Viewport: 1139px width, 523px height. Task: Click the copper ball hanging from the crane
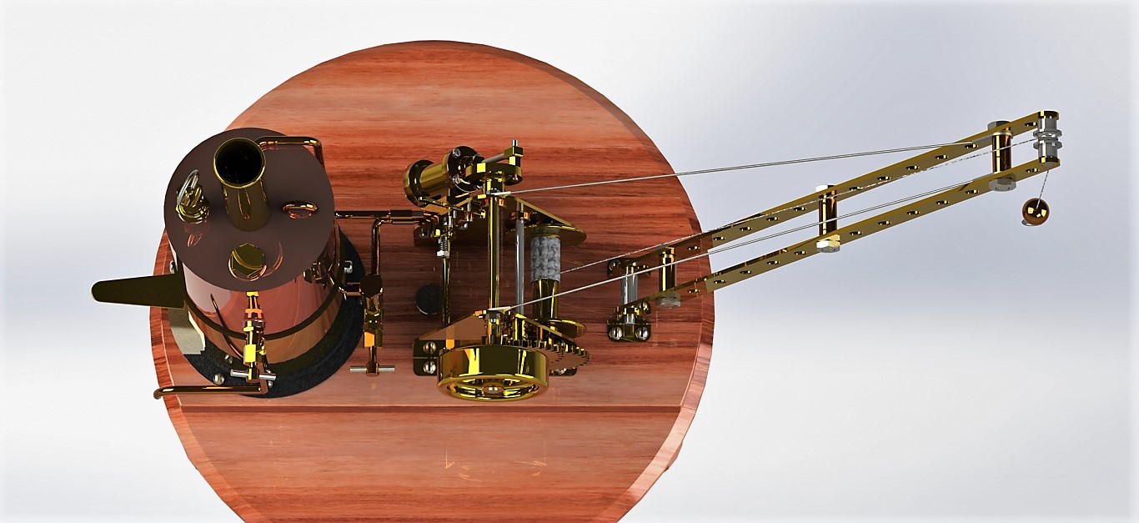(1034, 214)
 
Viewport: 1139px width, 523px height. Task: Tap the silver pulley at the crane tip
(1047, 138)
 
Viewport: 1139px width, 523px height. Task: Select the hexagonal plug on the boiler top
(247, 259)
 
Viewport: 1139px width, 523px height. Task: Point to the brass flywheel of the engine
(492, 373)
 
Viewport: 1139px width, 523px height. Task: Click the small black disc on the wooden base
(429, 299)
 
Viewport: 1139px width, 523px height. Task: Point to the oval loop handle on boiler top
(299, 208)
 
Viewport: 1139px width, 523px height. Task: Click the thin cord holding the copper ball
(1042, 184)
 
